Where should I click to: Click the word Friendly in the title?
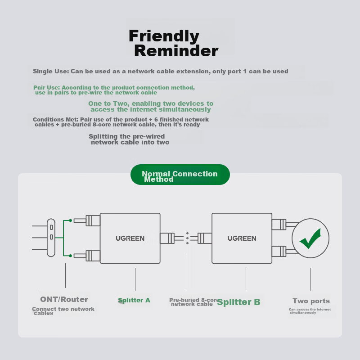[164, 36]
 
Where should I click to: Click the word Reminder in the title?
[176, 51]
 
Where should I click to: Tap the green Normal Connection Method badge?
[180, 175]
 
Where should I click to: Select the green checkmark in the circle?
[310, 238]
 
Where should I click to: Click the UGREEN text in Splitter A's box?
[130, 238]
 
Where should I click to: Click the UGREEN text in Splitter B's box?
[242, 238]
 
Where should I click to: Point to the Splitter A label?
[134, 300]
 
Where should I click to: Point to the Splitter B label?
[238, 302]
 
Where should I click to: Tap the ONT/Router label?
[64, 299]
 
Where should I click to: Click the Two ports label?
[311, 301]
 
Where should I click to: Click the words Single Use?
[50, 71]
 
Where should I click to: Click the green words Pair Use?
[46, 87]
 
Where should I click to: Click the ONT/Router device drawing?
[51, 238]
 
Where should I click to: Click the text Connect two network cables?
[63, 311]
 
